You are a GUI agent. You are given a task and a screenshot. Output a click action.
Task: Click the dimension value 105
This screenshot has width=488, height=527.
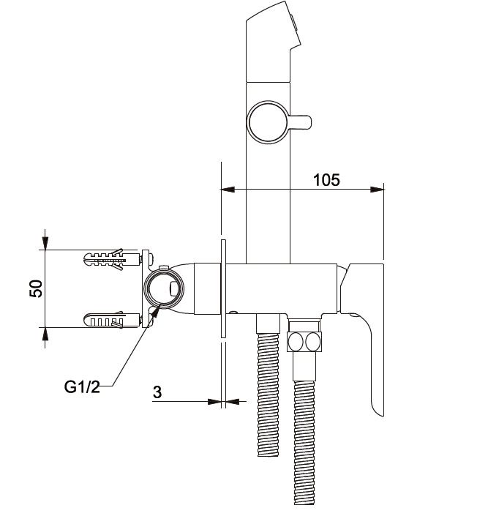coord(326,180)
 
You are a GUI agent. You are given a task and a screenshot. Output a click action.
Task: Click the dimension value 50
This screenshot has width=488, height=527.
coord(37,288)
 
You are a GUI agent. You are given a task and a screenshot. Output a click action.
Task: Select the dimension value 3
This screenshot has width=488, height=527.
coord(157,392)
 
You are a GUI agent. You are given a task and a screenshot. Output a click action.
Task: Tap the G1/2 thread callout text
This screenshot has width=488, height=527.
coord(82,386)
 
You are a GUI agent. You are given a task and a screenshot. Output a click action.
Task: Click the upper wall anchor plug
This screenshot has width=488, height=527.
coord(112,259)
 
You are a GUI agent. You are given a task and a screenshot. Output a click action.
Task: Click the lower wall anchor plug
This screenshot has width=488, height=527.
coord(112,320)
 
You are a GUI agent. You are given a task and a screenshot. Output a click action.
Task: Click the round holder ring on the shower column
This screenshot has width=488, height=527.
coord(268,122)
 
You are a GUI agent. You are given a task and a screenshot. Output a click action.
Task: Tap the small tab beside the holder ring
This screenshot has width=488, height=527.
coord(300,122)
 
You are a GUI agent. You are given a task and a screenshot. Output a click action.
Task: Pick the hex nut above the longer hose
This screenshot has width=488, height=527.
coord(304,342)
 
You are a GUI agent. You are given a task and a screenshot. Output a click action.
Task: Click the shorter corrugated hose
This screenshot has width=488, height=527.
coord(268,395)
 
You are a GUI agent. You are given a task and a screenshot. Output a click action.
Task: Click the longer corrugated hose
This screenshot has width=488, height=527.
coord(304,442)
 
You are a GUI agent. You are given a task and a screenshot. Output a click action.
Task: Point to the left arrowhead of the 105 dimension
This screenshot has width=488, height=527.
coord(228,190)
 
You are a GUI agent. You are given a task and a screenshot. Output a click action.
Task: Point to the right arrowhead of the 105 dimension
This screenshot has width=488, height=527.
coord(377,190)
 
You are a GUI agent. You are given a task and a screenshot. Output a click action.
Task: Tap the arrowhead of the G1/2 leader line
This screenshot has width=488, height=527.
coord(156,313)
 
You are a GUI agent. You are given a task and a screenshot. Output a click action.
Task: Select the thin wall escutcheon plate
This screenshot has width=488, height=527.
coord(223,288)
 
